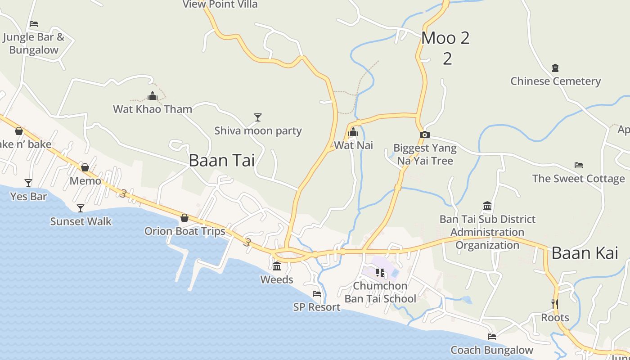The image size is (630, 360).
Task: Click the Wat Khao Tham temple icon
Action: coord(153,96)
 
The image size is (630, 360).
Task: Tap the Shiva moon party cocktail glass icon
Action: coord(257,117)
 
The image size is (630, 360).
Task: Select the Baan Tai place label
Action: coord(221,160)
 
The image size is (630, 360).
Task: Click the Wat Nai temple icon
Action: coord(353,132)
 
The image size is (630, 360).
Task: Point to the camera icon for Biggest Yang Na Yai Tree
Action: coord(424,135)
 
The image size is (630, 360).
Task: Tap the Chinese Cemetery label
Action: coord(555,81)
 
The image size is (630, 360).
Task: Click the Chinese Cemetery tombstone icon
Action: coord(555,68)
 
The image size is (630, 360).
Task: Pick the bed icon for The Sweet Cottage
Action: coord(579,165)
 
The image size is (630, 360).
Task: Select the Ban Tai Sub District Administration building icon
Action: coord(487,206)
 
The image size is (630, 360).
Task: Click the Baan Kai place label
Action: coord(585,253)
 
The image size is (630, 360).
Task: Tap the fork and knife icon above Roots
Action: coord(555,304)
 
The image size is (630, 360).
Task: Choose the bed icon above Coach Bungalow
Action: coord(491,336)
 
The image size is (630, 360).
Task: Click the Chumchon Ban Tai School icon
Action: coord(380,272)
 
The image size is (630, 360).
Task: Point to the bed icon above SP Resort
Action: coord(317,294)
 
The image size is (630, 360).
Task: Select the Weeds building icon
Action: coord(277,266)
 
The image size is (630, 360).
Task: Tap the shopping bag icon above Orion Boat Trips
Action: coord(184,218)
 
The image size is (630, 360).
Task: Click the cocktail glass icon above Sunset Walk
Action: coord(81,208)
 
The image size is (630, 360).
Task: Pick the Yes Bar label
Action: coord(28,197)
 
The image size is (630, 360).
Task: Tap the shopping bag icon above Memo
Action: coord(85,167)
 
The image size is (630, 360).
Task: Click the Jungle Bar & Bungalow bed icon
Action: coord(34,24)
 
